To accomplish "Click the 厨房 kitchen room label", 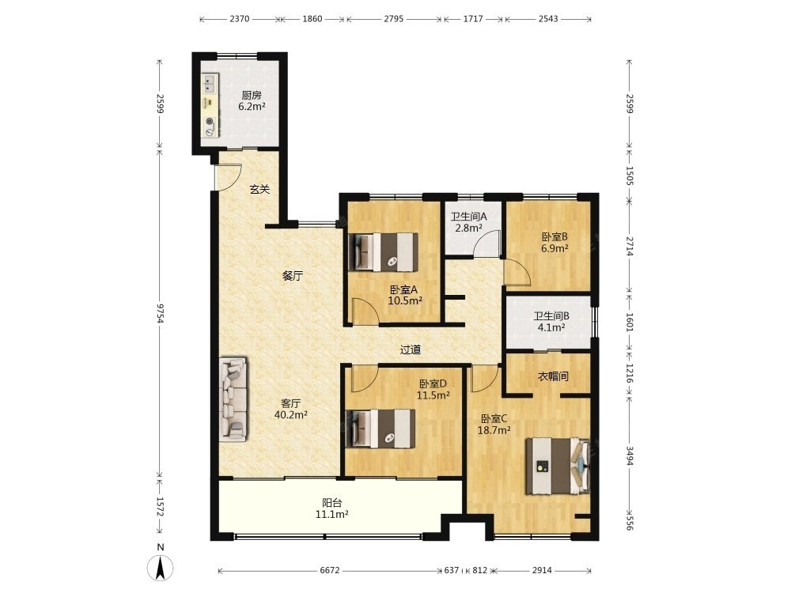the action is pyautogui.click(x=252, y=95).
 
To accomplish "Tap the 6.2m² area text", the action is pyautogui.click(x=252, y=107).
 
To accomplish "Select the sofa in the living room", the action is pyautogui.click(x=233, y=399).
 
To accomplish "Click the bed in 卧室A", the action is pyautogui.click(x=384, y=251).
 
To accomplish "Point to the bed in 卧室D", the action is pyautogui.click(x=381, y=428).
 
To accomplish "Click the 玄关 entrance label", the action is pyautogui.click(x=259, y=190).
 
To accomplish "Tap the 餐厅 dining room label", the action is pyautogui.click(x=293, y=276).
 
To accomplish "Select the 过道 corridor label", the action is pyautogui.click(x=410, y=349).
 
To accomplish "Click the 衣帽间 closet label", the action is pyautogui.click(x=554, y=376).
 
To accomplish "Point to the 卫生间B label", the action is pyautogui.click(x=551, y=316).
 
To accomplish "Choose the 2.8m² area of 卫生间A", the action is pyautogui.click(x=468, y=228).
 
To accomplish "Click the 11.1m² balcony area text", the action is pyautogui.click(x=332, y=515).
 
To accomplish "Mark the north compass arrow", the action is pyautogui.click(x=161, y=567).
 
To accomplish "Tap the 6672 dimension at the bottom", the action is pyautogui.click(x=330, y=570).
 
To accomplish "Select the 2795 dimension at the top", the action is pyautogui.click(x=393, y=19).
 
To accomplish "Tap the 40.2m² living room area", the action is pyautogui.click(x=291, y=415).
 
